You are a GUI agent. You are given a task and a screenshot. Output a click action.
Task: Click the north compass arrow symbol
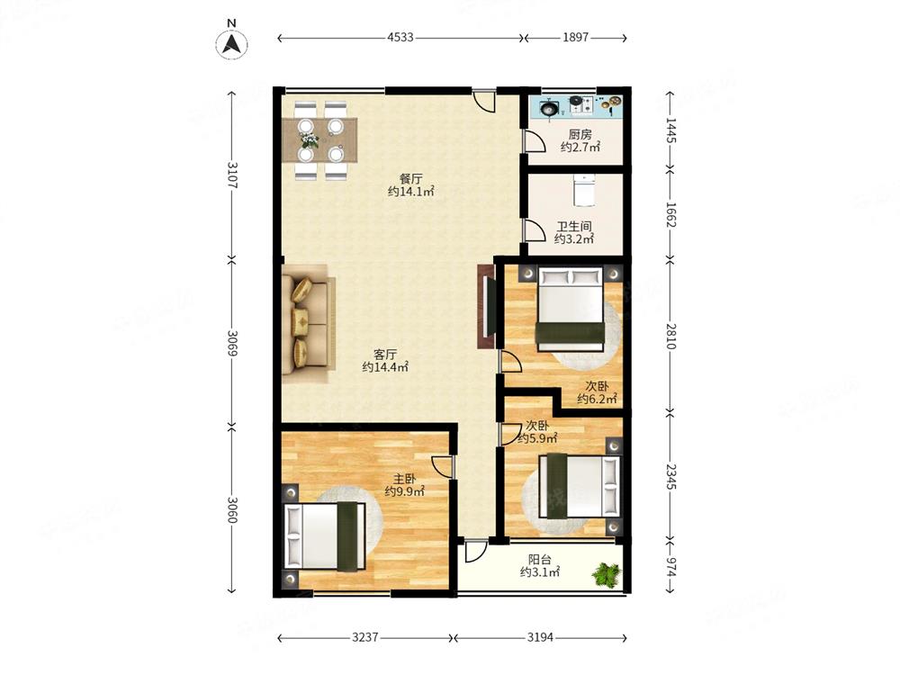click(x=231, y=43)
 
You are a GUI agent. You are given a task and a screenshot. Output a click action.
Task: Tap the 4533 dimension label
click(x=400, y=37)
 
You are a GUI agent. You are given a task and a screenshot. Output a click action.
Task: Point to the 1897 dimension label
click(x=575, y=37)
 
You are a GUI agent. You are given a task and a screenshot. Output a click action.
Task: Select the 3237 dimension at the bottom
click(x=365, y=637)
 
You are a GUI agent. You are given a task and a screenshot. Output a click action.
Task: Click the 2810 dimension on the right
click(x=671, y=336)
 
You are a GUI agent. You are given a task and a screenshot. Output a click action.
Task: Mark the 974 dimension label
click(x=671, y=565)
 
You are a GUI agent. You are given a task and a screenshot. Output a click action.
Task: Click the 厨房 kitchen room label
click(x=580, y=134)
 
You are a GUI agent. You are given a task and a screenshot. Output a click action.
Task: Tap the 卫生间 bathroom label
click(x=574, y=226)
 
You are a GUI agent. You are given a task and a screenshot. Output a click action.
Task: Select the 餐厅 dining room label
click(x=411, y=178)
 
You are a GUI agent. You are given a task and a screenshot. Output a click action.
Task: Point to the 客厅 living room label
click(x=385, y=354)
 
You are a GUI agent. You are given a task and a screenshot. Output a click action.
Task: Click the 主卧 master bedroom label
click(x=405, y=479)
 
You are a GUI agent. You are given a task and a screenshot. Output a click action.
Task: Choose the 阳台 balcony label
click(x=539, y=560)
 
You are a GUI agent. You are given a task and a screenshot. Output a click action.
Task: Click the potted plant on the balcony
click(x=607, y=574)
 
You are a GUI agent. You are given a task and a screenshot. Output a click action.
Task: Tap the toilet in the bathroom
click(x=584, y=190)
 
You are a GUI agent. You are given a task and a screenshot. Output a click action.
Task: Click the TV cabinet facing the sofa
click(x=486, y=307)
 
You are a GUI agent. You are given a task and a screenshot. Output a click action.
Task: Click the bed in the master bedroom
click(x=326, y=536)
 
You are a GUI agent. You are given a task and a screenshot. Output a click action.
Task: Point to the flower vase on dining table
click(x=309, y=139)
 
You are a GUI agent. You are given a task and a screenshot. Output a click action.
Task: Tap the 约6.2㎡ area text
click(x=597, y=399)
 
